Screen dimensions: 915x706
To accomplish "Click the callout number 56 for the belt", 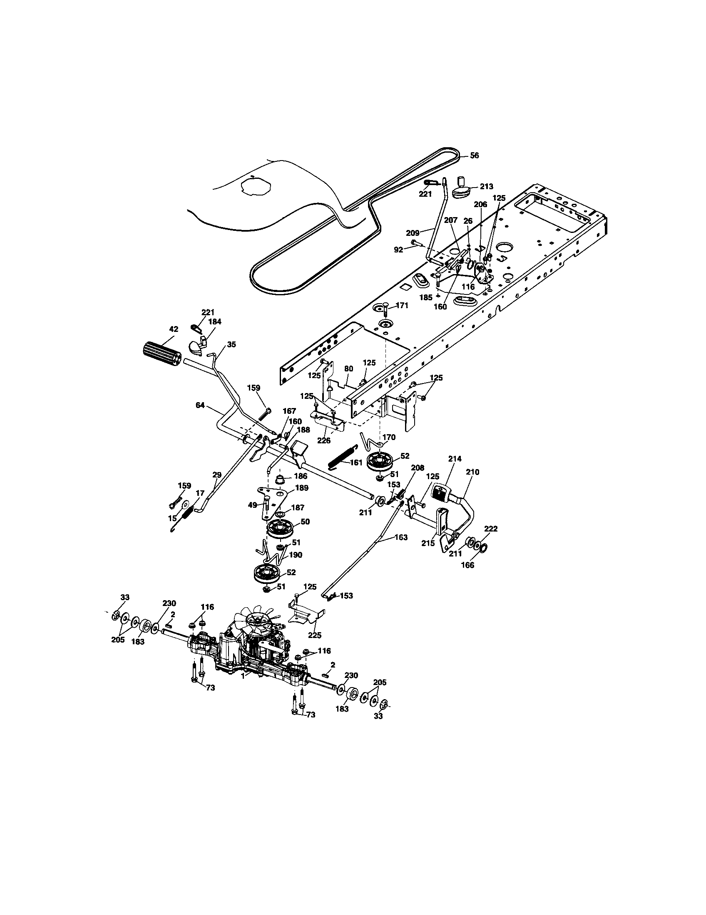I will point(474,155).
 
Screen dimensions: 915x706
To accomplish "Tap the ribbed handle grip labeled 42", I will point(161,354).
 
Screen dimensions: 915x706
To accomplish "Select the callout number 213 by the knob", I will point(487,186).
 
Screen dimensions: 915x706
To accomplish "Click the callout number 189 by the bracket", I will point(301,488).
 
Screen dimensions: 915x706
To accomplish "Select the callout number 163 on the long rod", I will point(401,537).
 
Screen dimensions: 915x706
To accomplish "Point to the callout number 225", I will point(314,636).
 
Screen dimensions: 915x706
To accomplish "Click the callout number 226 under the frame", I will point(324,440).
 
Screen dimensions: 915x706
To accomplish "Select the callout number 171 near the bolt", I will point(402,305).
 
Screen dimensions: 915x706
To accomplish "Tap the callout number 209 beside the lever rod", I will point(413,232).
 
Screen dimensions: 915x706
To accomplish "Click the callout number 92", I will point(398,250).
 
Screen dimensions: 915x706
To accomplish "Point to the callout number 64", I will point(200,405).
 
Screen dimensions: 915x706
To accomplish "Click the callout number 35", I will point(231,344).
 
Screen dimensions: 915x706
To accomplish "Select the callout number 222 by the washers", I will point(490,529).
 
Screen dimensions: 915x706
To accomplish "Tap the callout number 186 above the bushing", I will point(301,476).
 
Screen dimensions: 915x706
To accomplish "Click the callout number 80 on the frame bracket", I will point(348,368).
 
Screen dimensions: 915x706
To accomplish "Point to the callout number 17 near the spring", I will point(199,493).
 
